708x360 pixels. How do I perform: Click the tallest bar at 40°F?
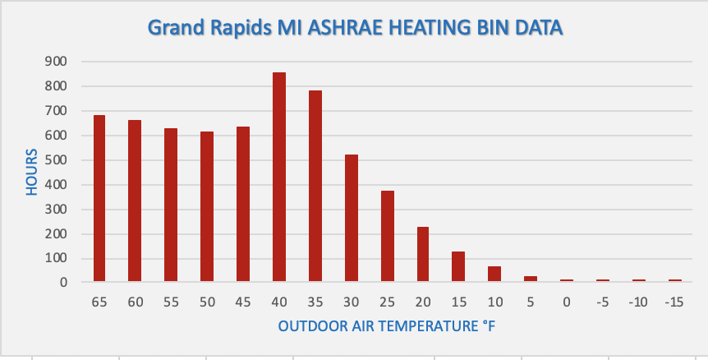pyautogui.click(x=279, y=177)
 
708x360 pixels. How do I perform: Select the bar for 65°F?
pyautogui.click(x=99, y=198)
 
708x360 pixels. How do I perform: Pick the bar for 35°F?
pyautogui.click(x=315, y=186)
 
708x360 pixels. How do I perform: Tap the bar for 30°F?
pyautogui.click(x=352, y=218)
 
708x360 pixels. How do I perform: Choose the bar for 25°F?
pyautogui.click(x=388, y=236)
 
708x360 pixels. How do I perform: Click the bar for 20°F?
pyautogui.click(x=423, y=254)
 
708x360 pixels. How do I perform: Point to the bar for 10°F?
pyautogui.click(x=494, y=274)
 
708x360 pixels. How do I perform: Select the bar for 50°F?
pyautogui.click(x=207, y=206)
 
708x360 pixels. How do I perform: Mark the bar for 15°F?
pyautogui.click(x=458, y=266)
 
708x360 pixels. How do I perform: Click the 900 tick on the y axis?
pyautogui.click(x=56, y=62)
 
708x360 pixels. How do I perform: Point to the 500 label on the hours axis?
pyautogui.click(x=56, y=160)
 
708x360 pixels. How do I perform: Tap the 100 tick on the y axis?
pyautogui.click(x=56, y=259)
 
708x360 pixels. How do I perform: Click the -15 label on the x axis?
pyautogui.click(x=674, y=302)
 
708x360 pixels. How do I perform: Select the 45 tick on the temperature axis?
pyautogui.click(x=243, y=302)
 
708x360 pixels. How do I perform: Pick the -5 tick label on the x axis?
pyautogui.click(x=603, y=302)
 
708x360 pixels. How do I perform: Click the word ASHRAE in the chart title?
pyautogui.click(x=336, y=28)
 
